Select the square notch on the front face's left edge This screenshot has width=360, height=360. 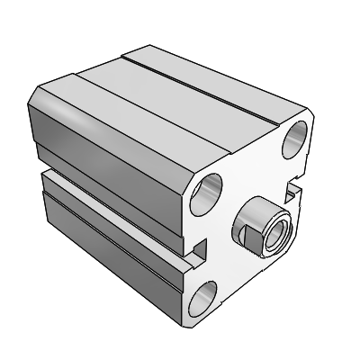click(x=199, y=249)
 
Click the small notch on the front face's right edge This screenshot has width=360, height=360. click(x=292, y=190)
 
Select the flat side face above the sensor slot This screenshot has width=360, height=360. click(x=108, y=144)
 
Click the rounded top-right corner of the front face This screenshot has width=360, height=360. click(x=310, y=121)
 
